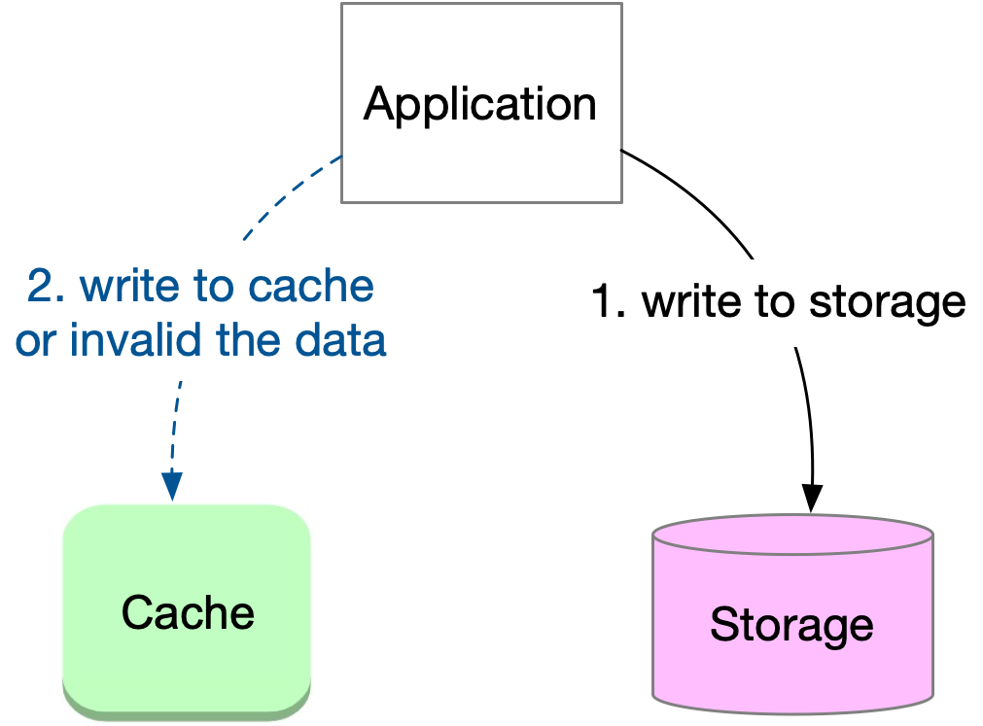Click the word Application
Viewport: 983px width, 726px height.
coord(480,104)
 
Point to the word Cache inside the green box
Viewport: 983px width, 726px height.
coord(188,612)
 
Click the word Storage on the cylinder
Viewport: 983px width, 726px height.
coord(791,625)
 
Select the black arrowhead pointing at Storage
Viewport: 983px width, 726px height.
coord(812,498)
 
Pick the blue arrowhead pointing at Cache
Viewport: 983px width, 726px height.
coord(172,486)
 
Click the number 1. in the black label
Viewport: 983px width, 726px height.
coord(612,303)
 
